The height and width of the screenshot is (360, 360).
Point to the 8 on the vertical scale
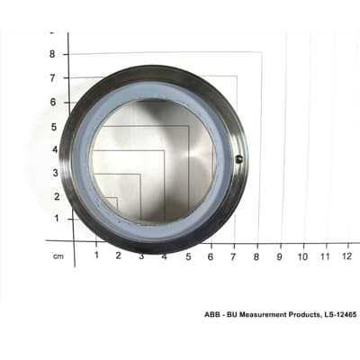pos(52,54)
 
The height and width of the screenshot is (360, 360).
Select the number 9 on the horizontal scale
pos(280,256)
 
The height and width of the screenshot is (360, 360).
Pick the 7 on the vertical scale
pos(52,78)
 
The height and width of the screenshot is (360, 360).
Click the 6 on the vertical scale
pos(52,102)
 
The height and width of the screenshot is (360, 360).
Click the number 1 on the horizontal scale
pos(96,256)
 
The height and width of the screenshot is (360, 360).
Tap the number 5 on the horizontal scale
pos(188,256)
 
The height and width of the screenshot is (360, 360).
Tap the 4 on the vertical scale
pos(52,149)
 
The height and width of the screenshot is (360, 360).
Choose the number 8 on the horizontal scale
pos(257,256)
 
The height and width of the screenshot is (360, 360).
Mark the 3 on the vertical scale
pos(52,173)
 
